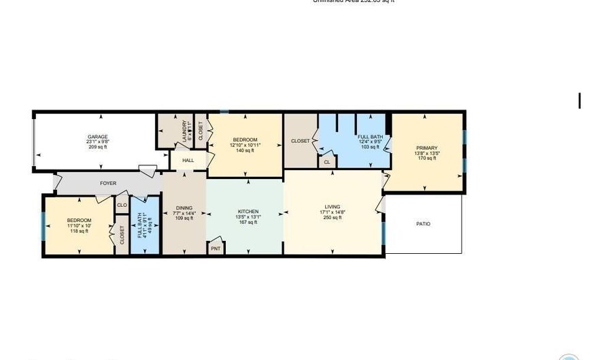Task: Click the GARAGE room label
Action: tap(98, 136)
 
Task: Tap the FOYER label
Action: tap(108, 183)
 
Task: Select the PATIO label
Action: tap(422, 224)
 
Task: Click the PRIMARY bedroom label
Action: tap(427, 148)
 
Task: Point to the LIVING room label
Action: tap(333, 207)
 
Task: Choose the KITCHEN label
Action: tap(248, 211)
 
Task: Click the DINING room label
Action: tap(184, 208)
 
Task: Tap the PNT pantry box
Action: tap(216, 248)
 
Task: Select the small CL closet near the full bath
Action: tap(326, 162)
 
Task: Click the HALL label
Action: tap(188, 161)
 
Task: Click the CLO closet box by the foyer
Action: tap(122, 205)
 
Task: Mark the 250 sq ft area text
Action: tap(333, 218)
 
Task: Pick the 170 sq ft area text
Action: tap(427, 159)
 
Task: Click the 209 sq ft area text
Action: tap(98, 147)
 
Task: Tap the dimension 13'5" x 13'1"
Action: tap(248, 216)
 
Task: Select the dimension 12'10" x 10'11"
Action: tap(244, 145)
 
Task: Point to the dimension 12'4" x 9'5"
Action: tap(370, 142)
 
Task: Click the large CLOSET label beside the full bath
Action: tap(300, 141)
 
